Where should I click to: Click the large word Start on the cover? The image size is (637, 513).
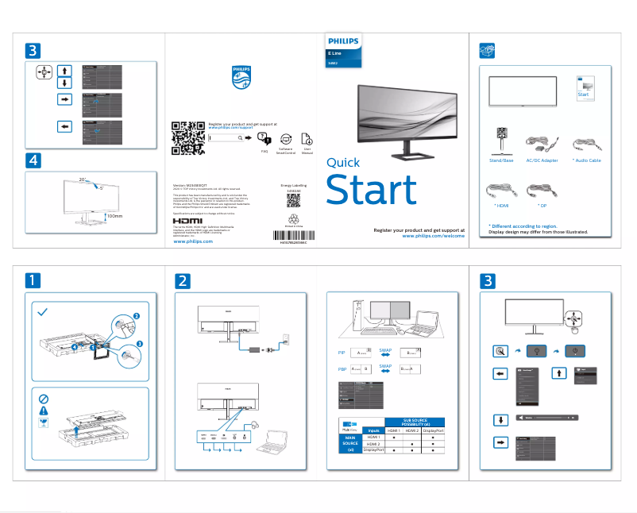pyautogui.click(x=371, y=191)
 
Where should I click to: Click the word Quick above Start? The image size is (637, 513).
pyautogui.click(x=344, y=163)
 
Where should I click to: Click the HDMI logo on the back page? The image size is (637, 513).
pyautogui.click(x=188, y=221)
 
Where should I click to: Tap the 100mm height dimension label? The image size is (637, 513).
pyautogui.click(x=115, y=215)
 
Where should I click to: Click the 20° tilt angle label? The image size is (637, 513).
pyautogui.click(x=83, y=179)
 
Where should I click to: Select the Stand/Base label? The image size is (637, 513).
pyautogui.click(x=502, y=160)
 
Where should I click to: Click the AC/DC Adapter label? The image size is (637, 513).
pyautogui.click(x=542, y=160)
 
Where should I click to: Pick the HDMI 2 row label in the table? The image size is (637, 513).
pyautogui.click(x=373, y=444)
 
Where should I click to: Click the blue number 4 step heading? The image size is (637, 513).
pyautogui.click(x=33, y=160)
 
